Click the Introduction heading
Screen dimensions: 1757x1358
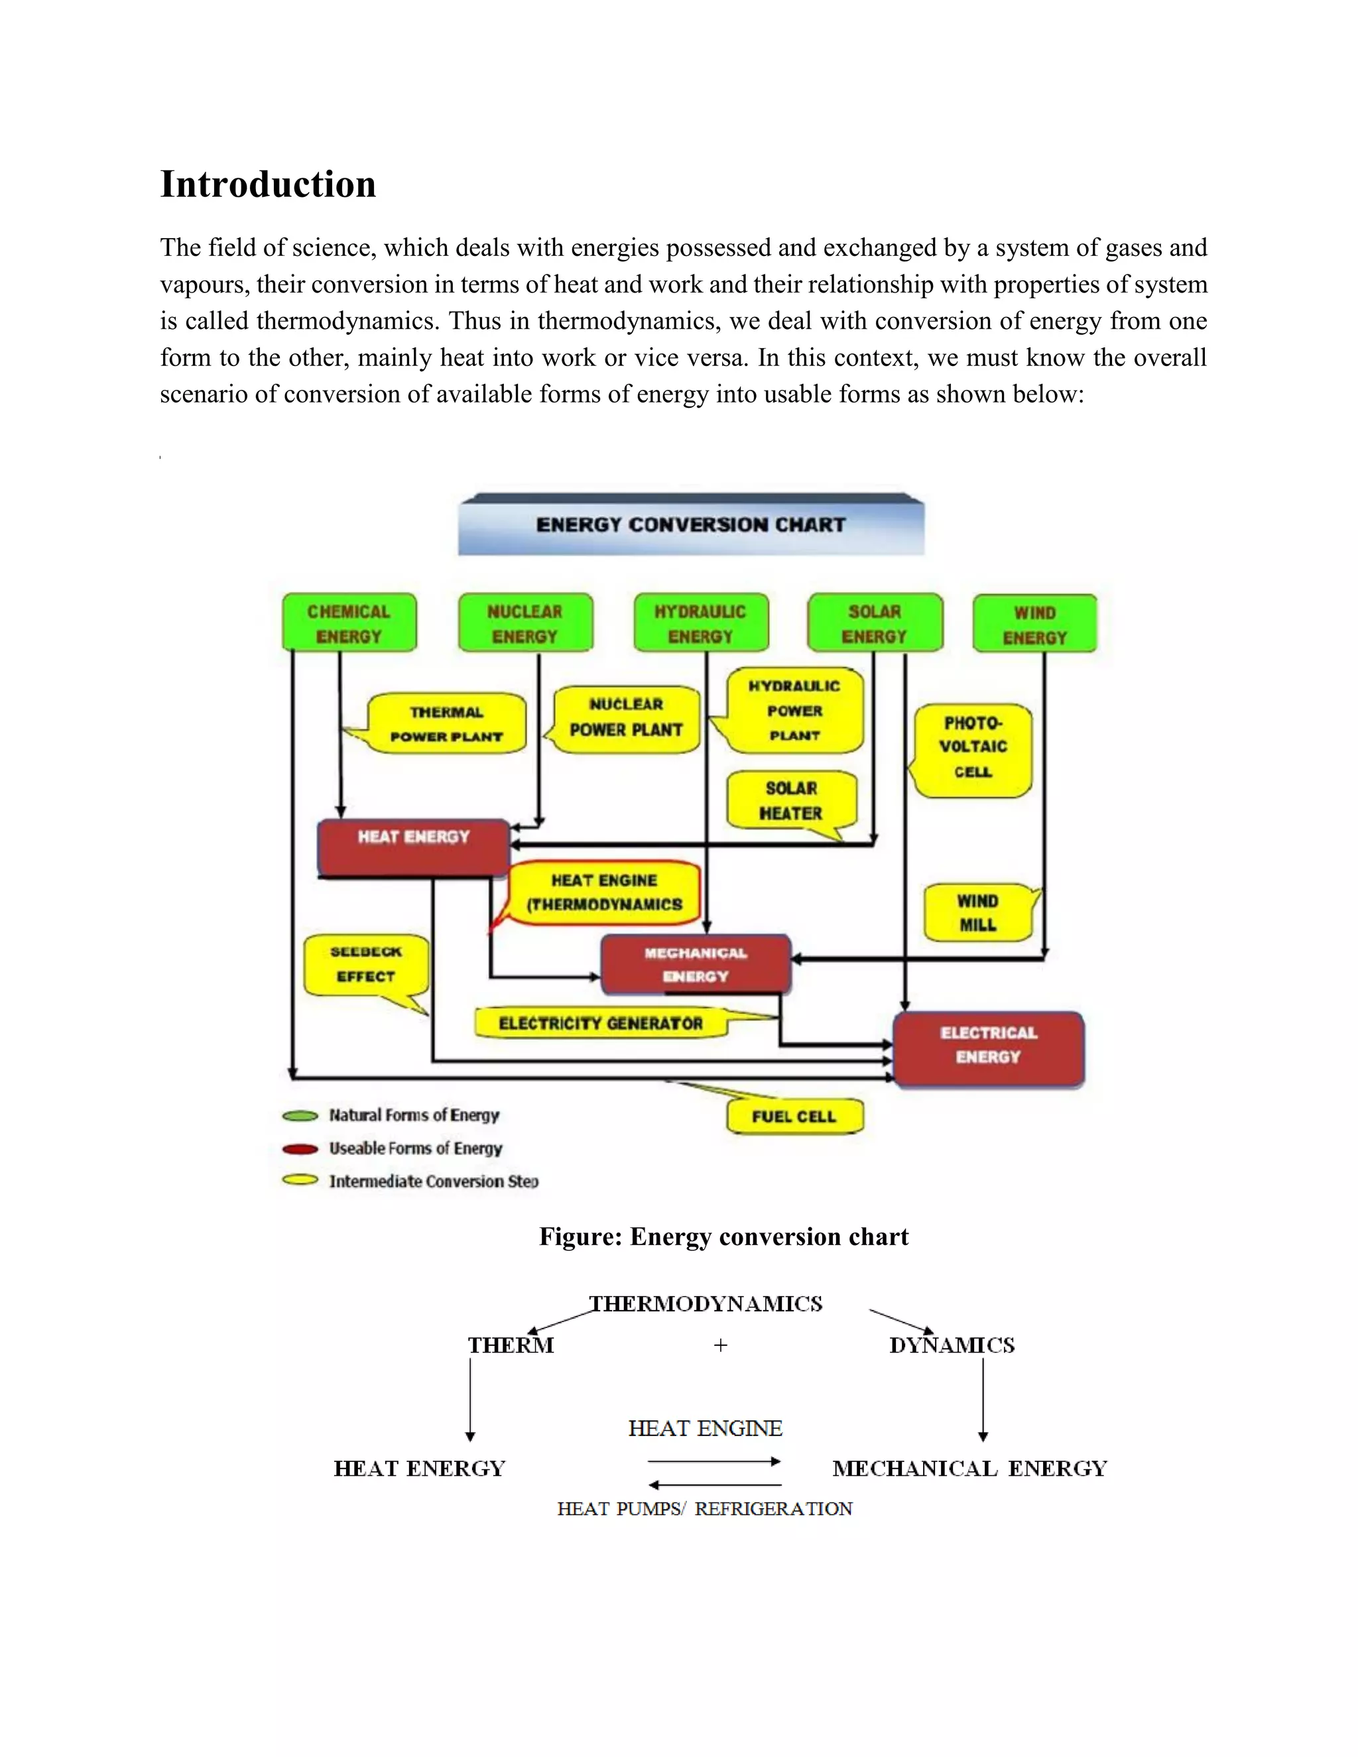coord(268,184)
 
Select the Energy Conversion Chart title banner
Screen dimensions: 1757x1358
coord(690,524)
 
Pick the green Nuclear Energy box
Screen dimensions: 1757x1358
coord(525,623)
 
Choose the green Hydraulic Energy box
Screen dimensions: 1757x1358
coord(701,623)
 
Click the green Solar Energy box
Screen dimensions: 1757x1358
coord(875,623)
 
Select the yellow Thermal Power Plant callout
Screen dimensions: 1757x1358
coord(446,724)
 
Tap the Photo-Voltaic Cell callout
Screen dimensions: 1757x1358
coord(973,748)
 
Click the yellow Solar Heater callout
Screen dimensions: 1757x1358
coord(792,800)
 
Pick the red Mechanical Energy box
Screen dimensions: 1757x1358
coord(696,965)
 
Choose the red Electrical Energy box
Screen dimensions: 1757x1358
coord(989,1048)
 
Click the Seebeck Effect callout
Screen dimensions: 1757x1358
coord(366,965)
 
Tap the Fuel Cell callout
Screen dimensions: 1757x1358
coord(794,1117)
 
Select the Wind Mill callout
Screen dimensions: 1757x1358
coord(977,912)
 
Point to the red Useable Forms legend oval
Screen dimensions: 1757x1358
coord(300,1149)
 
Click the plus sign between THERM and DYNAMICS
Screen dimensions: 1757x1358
coord(720,1345)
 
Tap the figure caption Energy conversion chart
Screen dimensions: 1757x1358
coord(723,1237)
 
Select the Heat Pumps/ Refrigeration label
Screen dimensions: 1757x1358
coord(705,1509)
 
